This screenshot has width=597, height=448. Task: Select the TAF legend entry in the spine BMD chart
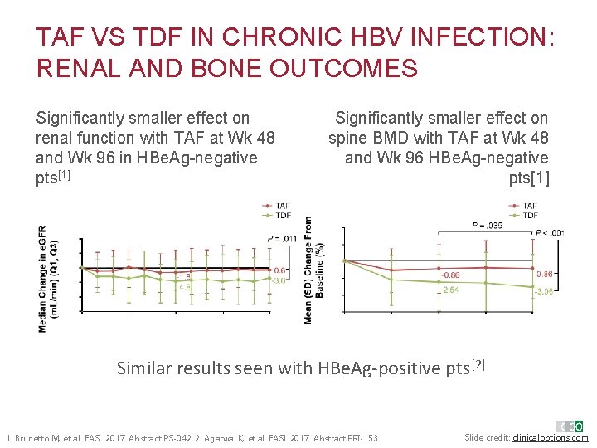pyautogui.click(x=526, y=205)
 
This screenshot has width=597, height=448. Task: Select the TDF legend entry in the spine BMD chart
pyautogui.click(x=526, y=215)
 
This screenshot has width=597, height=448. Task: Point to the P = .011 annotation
pyautogui.click(x=283, y=239)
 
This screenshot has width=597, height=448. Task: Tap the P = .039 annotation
pyautogui.click(x=487, y=225)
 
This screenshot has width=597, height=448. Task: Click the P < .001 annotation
pyautogui.click(x=550, y=233)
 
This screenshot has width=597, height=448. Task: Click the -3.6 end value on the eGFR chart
pyautogui.click(x=279, y=280)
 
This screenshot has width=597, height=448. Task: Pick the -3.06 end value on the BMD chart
pyautogui.click(x=544, y=291)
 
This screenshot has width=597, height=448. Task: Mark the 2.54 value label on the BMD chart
pyautogui.click(x=450, y=290)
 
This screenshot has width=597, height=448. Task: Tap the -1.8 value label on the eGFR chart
pyautogui.click(x=184, y=276)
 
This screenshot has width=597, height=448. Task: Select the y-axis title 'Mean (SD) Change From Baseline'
pyautogui.click(x=308, y=270)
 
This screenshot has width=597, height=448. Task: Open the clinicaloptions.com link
pyautogui.click(x=551, y=437)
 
